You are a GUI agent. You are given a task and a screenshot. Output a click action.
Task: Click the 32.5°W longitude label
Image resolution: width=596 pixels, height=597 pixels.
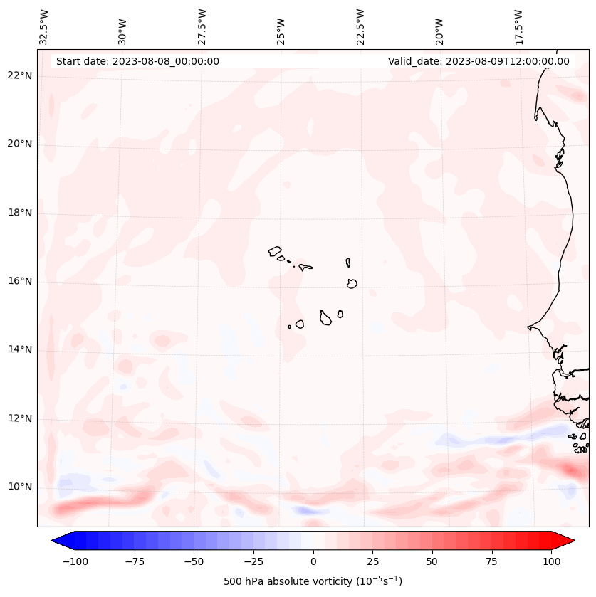point(44,27)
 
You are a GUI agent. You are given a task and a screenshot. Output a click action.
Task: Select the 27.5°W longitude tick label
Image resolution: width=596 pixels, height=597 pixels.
point(202,27)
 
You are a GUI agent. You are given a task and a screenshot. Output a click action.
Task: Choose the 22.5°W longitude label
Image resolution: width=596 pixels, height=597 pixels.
point(360,27)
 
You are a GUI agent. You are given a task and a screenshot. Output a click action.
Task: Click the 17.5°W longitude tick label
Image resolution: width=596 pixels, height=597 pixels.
point(518,27)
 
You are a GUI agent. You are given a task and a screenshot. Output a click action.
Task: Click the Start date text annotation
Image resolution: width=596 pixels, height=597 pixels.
point(137,61)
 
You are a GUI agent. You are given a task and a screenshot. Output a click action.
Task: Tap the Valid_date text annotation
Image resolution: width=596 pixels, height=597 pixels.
point(479,61)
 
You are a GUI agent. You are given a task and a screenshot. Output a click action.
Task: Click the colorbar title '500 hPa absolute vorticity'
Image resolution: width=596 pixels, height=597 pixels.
point(313,581)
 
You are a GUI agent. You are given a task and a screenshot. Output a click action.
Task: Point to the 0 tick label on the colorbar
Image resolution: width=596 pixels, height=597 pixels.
point(313,561)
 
